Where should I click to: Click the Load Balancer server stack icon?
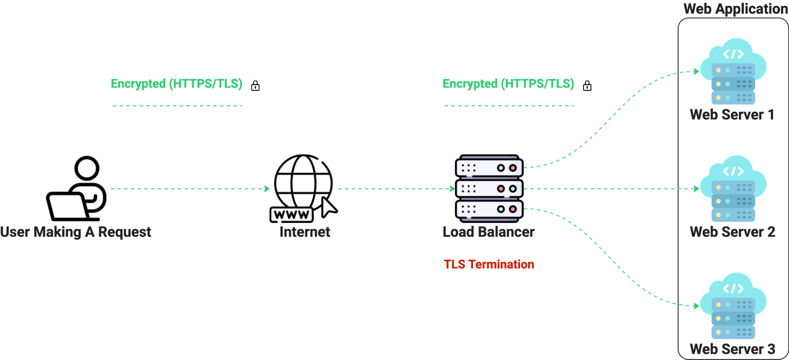click(489, 188)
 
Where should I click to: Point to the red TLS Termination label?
click(489, 264)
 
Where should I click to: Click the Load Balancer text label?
click(489, 232)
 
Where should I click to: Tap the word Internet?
click(305, 232)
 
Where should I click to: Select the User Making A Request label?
click(75, 232)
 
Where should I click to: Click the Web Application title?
click(735, 9)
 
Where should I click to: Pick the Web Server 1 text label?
click(732, 115)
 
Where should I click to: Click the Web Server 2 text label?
click(732, 232)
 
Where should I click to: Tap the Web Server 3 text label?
click(732, 349)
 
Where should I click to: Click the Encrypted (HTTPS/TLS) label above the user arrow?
click(176, 84)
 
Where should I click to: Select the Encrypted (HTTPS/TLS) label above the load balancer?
click(509, 84)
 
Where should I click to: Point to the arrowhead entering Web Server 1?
click(696, 71)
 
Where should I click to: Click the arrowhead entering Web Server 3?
click(696, 306)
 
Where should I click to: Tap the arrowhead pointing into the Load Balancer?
click(452, 189)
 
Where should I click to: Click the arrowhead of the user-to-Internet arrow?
click(267, 189)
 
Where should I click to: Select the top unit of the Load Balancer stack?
click(489, 168)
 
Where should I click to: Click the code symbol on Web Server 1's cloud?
click(733, 54)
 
